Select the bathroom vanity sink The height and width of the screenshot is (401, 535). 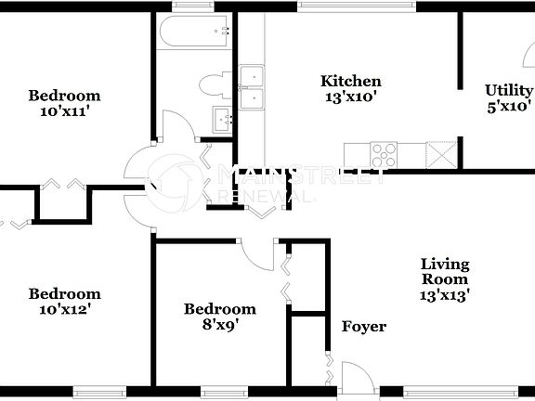pos(223,119)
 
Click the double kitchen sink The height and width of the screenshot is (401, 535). pos(252,86)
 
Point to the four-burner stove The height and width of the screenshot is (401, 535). pos(384,153)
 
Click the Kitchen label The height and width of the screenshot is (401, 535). pos(351,81)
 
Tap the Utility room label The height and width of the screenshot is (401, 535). pos(509,90)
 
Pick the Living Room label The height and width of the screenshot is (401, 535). pos(444,271)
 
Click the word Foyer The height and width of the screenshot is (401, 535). pos(364,327)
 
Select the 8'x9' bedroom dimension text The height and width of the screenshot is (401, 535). pos(219,324)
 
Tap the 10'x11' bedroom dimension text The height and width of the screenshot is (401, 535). pos(63,110)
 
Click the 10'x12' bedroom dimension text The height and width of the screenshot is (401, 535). pos(63,309)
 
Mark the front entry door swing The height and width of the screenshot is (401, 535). pos(356,375)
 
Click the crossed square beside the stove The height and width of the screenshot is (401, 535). pos(439,153)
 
